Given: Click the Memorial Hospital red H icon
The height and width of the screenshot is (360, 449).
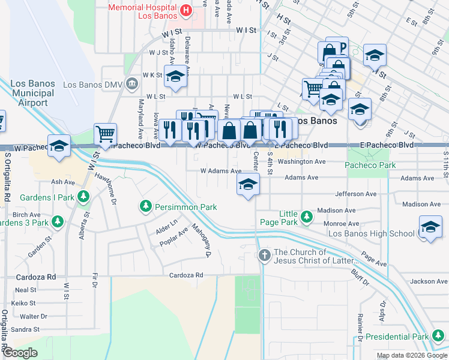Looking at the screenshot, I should (186, 10).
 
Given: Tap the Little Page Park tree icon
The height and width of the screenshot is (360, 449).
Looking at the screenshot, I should (307, 216).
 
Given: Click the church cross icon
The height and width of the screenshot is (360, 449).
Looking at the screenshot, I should (264, 256).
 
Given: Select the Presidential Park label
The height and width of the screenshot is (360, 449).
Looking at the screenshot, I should (405, 337).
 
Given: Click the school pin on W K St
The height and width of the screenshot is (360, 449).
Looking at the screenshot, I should (175, 77).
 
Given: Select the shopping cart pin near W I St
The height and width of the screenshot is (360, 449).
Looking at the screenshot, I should (106, 134).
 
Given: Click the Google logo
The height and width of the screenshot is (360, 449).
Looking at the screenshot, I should (20, 353).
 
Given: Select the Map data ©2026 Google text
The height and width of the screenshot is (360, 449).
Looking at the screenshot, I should (411, 355).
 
